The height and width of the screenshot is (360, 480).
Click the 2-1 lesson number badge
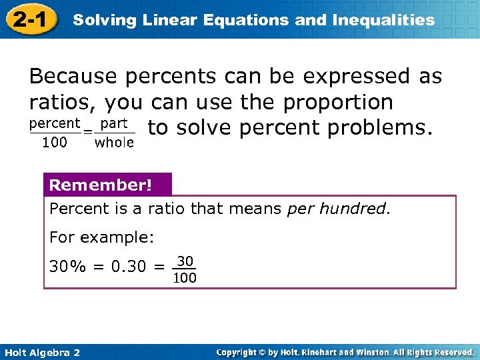point(29,19)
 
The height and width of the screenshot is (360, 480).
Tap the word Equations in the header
point(254,20)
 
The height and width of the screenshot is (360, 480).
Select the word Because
point(71,77)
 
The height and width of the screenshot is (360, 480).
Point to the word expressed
point(357,77)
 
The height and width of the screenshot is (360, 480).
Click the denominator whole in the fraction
point(114,143)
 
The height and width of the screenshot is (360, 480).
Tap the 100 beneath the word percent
point(54,143)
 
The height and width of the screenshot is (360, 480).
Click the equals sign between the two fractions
point(87,133)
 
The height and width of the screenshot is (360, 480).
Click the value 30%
point(67,267)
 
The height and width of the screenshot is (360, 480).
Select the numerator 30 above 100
point(185,260)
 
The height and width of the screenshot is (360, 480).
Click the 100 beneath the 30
point(185,278)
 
